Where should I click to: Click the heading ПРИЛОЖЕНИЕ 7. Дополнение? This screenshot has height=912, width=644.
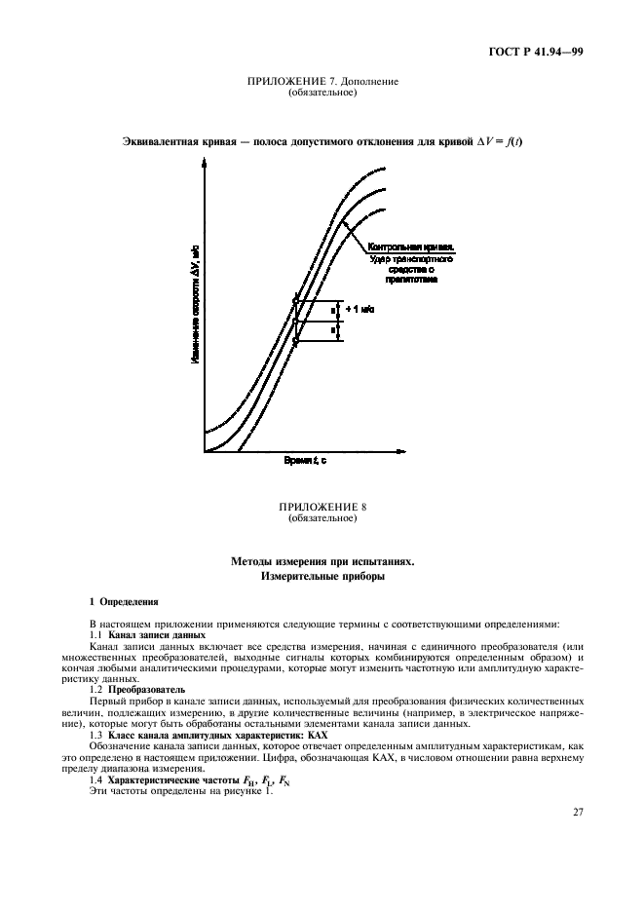tap(322, 82)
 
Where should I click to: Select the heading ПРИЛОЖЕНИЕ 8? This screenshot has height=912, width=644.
tap(322, 508)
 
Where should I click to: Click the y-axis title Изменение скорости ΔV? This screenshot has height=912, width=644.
tap(195, 303)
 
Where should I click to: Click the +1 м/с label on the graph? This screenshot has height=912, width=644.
tap(360, 309)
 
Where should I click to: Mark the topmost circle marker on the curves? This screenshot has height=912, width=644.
tap(295, 300)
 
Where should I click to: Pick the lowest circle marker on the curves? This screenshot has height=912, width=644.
tap(295, 340)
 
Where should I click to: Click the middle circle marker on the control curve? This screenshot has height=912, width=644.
tap(295, 320)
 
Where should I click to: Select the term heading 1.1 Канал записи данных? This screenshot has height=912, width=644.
tap(147, 635)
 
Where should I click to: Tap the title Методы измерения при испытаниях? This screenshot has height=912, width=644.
tap(322, 562)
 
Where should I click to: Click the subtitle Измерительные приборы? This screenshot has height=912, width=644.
tap(322, 577)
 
